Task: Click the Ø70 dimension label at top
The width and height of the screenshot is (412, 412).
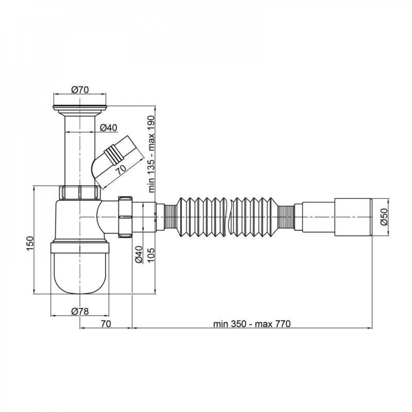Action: coord(80,90)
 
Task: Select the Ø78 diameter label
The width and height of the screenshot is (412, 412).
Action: coord(80,311)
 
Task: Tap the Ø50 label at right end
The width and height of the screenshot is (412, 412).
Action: coord(384,217)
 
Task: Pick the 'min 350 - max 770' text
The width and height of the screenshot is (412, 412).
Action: coord(252,324)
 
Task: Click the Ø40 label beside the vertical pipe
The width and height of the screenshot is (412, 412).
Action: coord(109,128)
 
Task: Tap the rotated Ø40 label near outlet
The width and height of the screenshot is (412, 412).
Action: coord(139,255)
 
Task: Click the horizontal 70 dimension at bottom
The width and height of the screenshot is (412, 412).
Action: coord(106,324)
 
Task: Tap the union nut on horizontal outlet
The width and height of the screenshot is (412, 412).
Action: coord(125,217)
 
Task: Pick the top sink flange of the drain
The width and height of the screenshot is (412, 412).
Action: coord(80,108)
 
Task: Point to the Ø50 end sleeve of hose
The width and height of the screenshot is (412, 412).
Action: coord(353,217)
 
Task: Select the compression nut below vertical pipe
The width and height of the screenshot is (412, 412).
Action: coord(80,192)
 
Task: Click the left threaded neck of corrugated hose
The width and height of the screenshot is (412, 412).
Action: coord(171,217)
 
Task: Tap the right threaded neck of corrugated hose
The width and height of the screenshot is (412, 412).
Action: coord(286,217)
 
